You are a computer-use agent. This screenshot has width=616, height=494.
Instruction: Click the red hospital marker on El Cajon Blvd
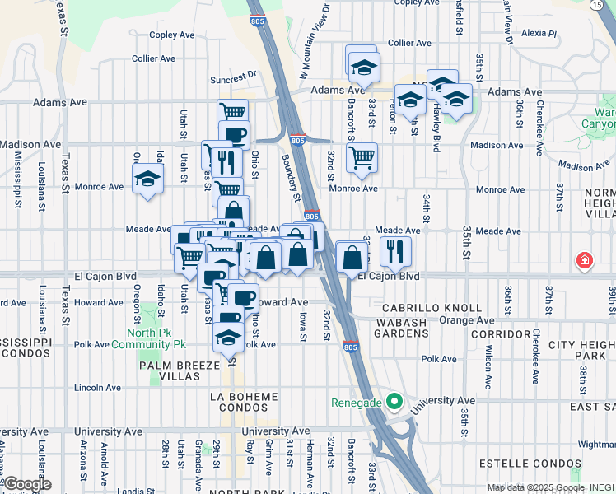(584, 260)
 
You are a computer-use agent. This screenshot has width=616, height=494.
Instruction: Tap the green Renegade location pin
(394, 403)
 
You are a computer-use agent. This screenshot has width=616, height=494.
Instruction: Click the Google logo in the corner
(26, 484)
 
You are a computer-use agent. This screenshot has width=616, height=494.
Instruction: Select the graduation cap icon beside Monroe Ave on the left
(147, 178)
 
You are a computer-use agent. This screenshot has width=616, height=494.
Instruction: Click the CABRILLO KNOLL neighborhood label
(431, 307)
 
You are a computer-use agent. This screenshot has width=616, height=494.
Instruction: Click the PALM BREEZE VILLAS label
(170, 370)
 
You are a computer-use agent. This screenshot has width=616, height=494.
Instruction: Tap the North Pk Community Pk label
(156, 338)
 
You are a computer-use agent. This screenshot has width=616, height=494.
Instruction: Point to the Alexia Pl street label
(539, 34)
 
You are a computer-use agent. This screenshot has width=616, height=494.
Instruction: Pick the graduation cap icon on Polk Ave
(229, 336)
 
